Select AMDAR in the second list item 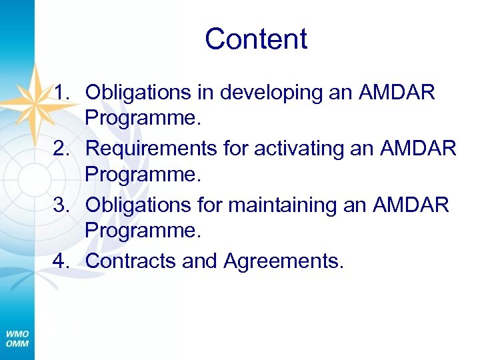(x=419, y=148)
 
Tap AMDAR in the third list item (x=412, y=205)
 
